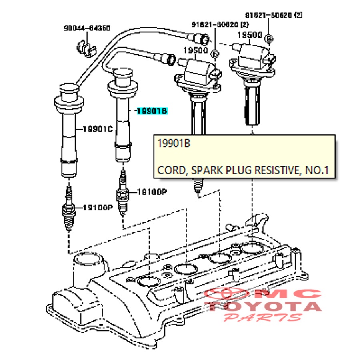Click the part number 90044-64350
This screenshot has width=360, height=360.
tap(87, 28)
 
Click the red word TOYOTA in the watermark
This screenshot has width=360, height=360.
tap(264, 307)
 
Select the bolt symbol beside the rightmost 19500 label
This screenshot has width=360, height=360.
tap(269, 38)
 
